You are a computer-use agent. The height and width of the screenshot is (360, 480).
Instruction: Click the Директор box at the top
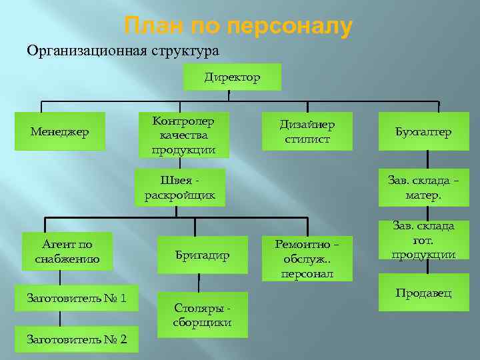[232, 77]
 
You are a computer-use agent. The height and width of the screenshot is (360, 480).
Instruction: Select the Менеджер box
[60, 131]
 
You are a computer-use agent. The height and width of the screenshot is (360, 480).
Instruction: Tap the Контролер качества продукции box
[183, 135]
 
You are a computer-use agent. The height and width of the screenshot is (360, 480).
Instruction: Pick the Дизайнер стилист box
[307, 131]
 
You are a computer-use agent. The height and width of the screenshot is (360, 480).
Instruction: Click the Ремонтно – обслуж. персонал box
[307, 259]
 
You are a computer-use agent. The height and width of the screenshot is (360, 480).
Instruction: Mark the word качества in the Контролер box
[183, 135]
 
